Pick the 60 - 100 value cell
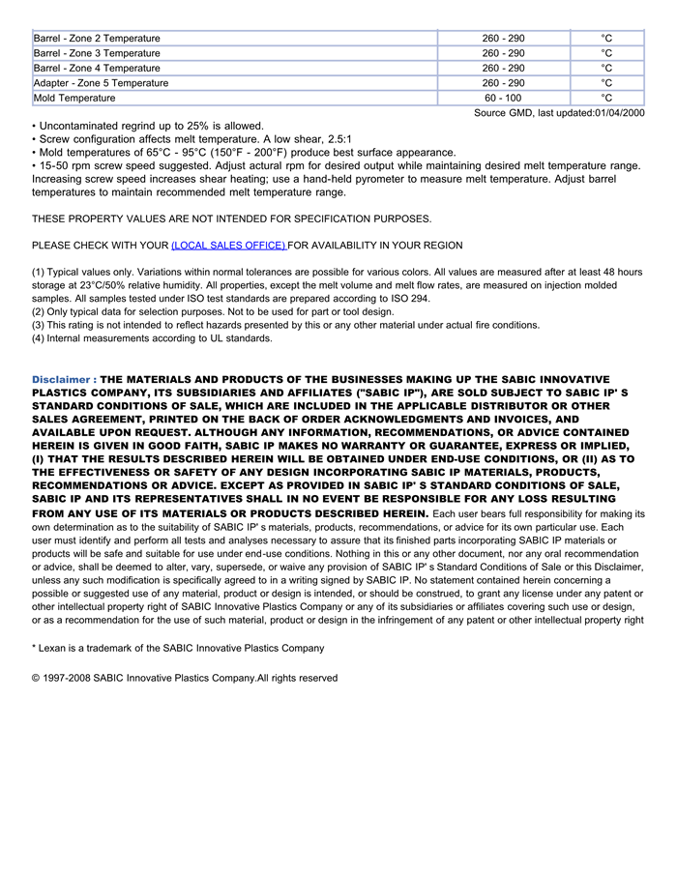coord(503,98)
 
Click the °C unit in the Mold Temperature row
coord(606,98)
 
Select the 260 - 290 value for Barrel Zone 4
coord(503,69)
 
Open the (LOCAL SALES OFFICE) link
coord(228,246)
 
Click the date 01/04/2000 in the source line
coord(619,113)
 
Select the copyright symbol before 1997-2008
coord(36,678)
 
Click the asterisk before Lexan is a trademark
coord(35,648)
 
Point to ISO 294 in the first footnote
coord(409,299)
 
